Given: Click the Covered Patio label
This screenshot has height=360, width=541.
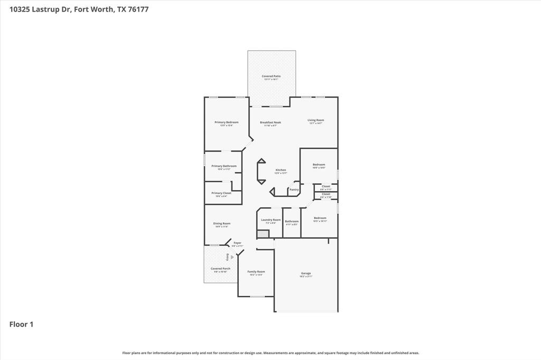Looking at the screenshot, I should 272,77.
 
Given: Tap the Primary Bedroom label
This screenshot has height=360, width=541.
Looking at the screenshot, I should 226,122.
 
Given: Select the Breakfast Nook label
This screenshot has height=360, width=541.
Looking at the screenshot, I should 270,122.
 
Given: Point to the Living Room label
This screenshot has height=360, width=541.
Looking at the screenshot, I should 316,120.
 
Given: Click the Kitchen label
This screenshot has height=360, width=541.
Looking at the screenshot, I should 281,170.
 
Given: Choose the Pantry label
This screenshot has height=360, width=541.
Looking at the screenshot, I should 294,190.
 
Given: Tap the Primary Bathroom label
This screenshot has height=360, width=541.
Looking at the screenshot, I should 224,166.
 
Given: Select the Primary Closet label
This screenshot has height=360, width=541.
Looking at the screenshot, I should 221,193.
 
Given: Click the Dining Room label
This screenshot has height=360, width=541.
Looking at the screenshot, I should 222,224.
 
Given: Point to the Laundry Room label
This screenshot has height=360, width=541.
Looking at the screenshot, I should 270,220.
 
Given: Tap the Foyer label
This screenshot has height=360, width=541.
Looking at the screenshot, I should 237,243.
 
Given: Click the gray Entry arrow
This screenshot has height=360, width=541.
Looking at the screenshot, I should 232,257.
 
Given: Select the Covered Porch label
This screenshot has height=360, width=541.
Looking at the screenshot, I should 220,269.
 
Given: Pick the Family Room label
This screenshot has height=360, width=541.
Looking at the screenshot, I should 256,272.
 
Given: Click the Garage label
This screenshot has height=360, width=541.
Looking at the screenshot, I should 306,273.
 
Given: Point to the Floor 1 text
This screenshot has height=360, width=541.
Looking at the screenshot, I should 21,325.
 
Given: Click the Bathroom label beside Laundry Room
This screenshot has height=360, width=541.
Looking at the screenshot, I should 292,221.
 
